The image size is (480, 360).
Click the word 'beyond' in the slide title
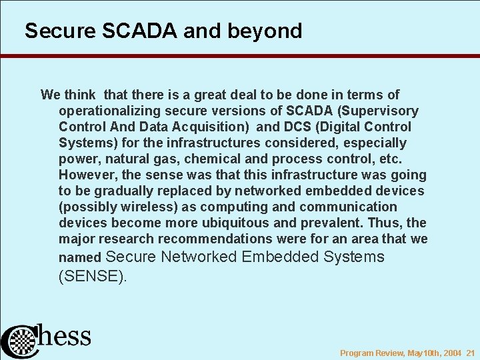pyautogui.click(x=269, y=31)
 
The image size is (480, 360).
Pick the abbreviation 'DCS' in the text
pyautogui.click(x=297, y=127)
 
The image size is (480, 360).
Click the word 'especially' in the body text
pyautogui.click(x=374, y=143)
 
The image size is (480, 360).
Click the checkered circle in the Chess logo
pyautogui.click(x=21, y=341)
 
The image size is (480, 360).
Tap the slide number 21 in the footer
pyautogui.click(x=470, y=353)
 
